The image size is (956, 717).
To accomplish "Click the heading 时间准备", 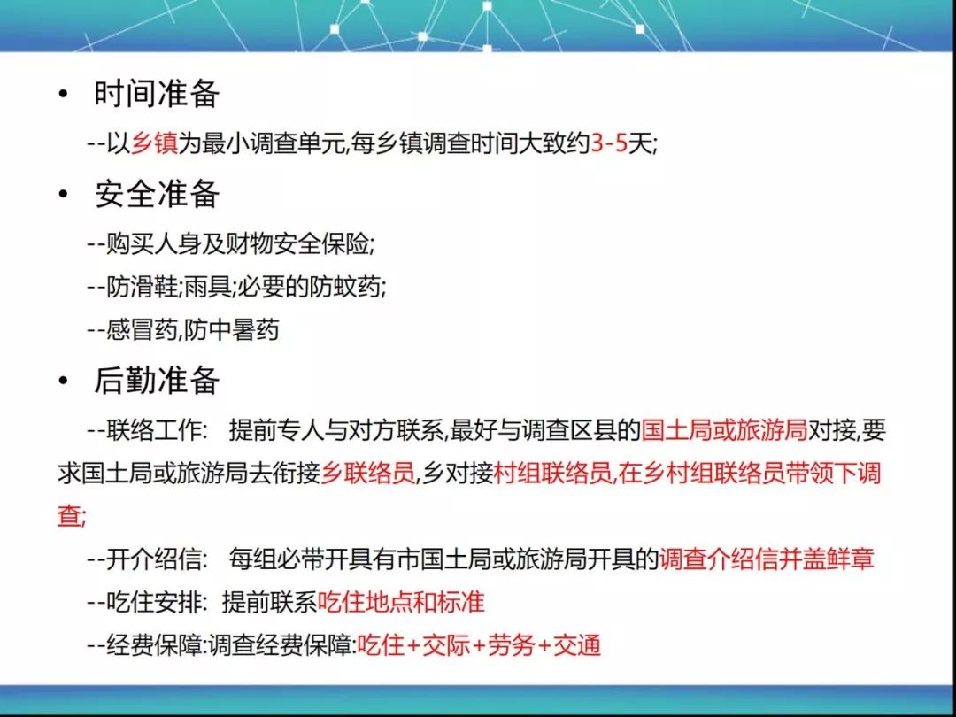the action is (x=157, y=94).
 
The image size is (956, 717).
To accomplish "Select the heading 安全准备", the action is (x=157, y=195).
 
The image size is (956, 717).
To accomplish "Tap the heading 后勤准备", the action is (x=157, y=381).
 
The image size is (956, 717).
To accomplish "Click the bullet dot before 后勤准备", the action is (x=63, y=381).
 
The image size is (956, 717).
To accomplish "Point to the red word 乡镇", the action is (x=154, y=144).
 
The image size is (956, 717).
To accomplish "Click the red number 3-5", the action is (x=610, y=144).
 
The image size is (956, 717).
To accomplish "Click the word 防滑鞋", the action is (x=142, y=287).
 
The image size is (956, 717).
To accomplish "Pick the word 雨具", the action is (x=207, y=287).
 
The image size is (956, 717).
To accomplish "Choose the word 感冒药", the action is (x=142, y=330).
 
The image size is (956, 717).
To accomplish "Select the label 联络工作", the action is (x=154, y=431).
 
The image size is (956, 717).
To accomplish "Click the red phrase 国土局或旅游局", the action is (x=724, y=431).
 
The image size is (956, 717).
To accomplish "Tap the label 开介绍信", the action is (x=154, y=559).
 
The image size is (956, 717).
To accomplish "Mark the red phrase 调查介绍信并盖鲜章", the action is (x=767, y=559).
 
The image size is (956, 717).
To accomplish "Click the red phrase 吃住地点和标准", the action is (x=401, y=603).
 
